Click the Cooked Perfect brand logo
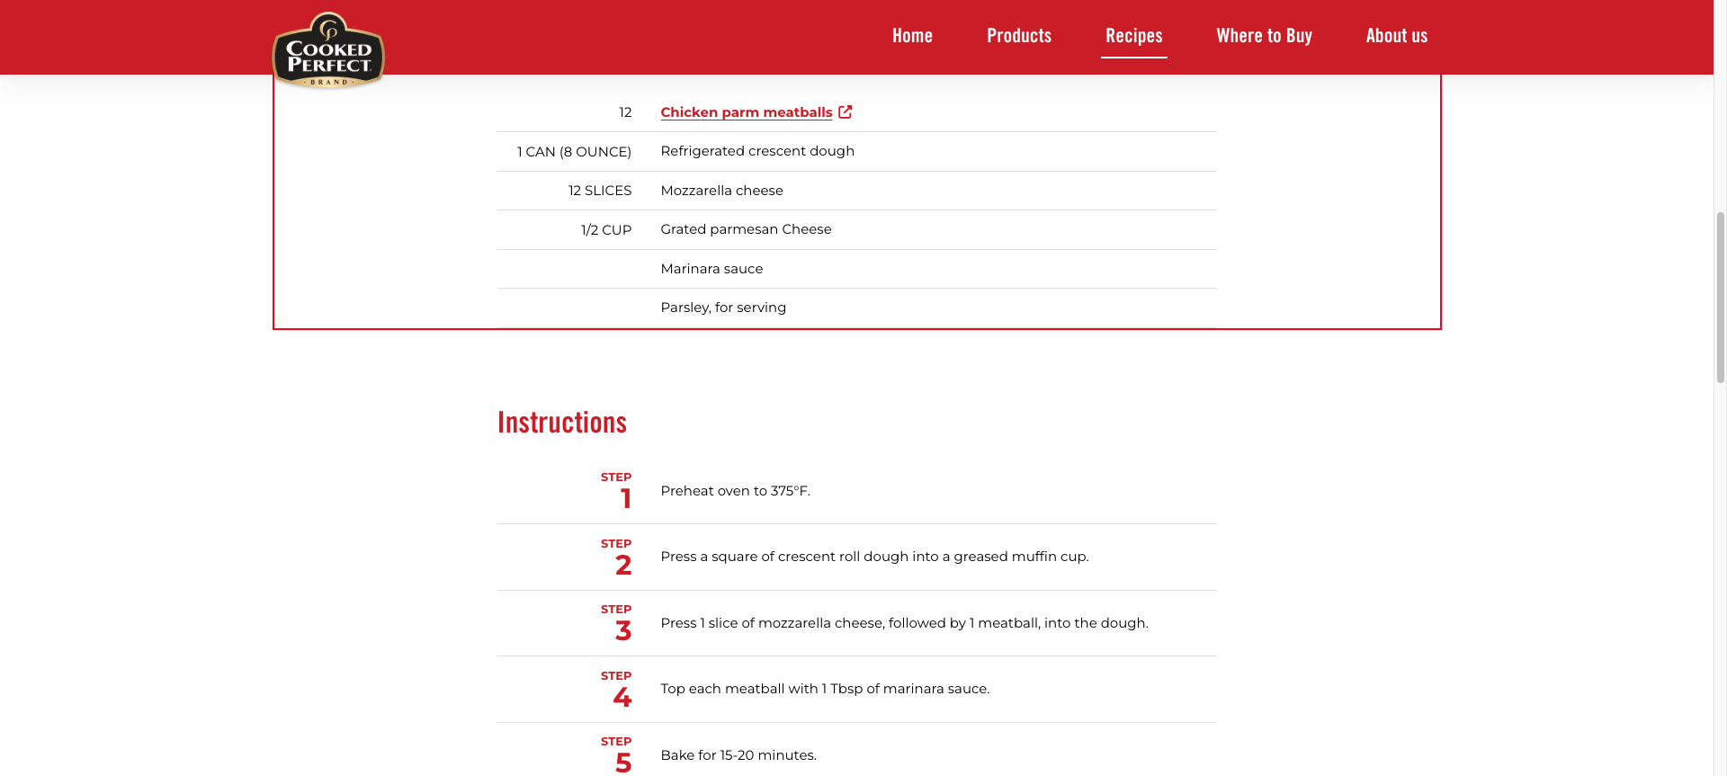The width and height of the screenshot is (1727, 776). pos(328,51)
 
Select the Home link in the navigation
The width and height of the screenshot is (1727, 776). pos(912,36)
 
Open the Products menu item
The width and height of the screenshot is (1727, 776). pos(1019,36)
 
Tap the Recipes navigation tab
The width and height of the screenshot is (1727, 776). pos(1133,36)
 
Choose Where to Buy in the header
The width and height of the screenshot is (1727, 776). pos(1264,36)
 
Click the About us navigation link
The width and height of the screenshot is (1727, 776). pos(1396,36)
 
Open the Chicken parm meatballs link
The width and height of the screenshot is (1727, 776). pos(746,112)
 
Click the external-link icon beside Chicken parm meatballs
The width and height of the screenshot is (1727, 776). pos(846,111)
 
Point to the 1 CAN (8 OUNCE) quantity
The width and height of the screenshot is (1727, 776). pos(574,152)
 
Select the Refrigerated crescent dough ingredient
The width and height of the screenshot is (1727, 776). pos(757,151)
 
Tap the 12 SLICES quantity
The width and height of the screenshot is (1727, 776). pos(599,191)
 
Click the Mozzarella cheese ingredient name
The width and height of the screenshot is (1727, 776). pos(721,191)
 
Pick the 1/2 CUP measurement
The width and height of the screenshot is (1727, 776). pos(606,230)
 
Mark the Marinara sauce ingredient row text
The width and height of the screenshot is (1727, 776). pos(711,269)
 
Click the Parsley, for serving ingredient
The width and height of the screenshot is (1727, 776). pos(723,308)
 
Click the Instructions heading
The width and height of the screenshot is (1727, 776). pos(562,423)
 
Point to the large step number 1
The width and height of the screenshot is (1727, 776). pos(626,499)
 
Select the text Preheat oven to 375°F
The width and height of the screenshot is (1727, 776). pos(735,491)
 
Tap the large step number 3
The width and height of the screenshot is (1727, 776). pos(623,631)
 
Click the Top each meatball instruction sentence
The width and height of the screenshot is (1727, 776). pos(825,689)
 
